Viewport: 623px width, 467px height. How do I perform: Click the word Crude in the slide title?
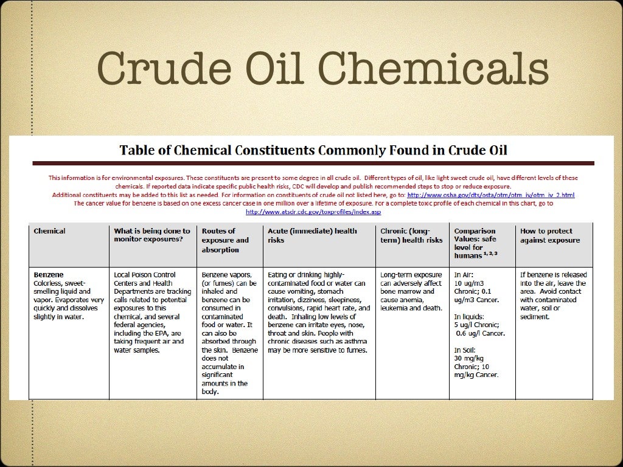(150, 69)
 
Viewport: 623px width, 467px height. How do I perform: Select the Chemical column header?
(50, 231)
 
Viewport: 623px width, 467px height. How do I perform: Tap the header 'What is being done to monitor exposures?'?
(152, 235)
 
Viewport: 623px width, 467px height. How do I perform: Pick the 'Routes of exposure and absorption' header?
(225, 240)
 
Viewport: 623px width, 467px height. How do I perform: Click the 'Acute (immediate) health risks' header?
(312, 235)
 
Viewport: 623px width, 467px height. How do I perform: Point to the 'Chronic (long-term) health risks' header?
(411, 235)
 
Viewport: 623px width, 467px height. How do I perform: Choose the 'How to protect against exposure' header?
(550, 235)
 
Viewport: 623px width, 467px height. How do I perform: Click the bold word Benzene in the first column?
(49, 274)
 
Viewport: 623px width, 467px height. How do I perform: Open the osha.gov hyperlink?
(490, 195)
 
